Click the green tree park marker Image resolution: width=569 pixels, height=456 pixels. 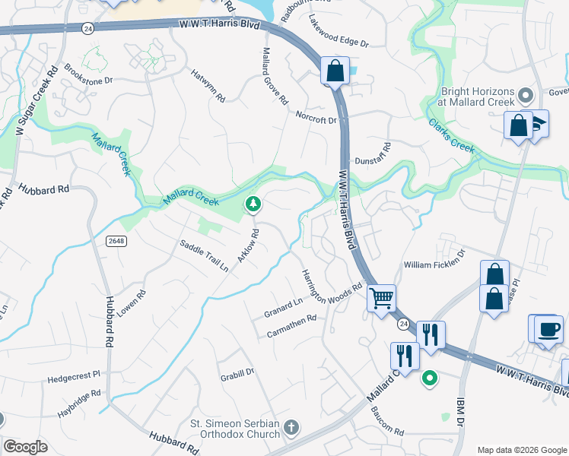[253, 204]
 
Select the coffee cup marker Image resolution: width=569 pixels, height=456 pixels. [548, 330]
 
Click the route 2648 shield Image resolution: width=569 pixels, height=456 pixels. [116, 240]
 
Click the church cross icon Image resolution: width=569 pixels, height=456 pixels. [291, 429]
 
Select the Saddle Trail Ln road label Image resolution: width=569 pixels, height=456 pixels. [204, 256]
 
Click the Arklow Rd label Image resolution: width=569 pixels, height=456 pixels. [249, 245]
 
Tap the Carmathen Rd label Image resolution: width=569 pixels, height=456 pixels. [291, 328]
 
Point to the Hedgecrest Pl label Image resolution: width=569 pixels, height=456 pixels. [74, 375]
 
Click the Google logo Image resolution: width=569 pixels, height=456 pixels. [25, 446]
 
